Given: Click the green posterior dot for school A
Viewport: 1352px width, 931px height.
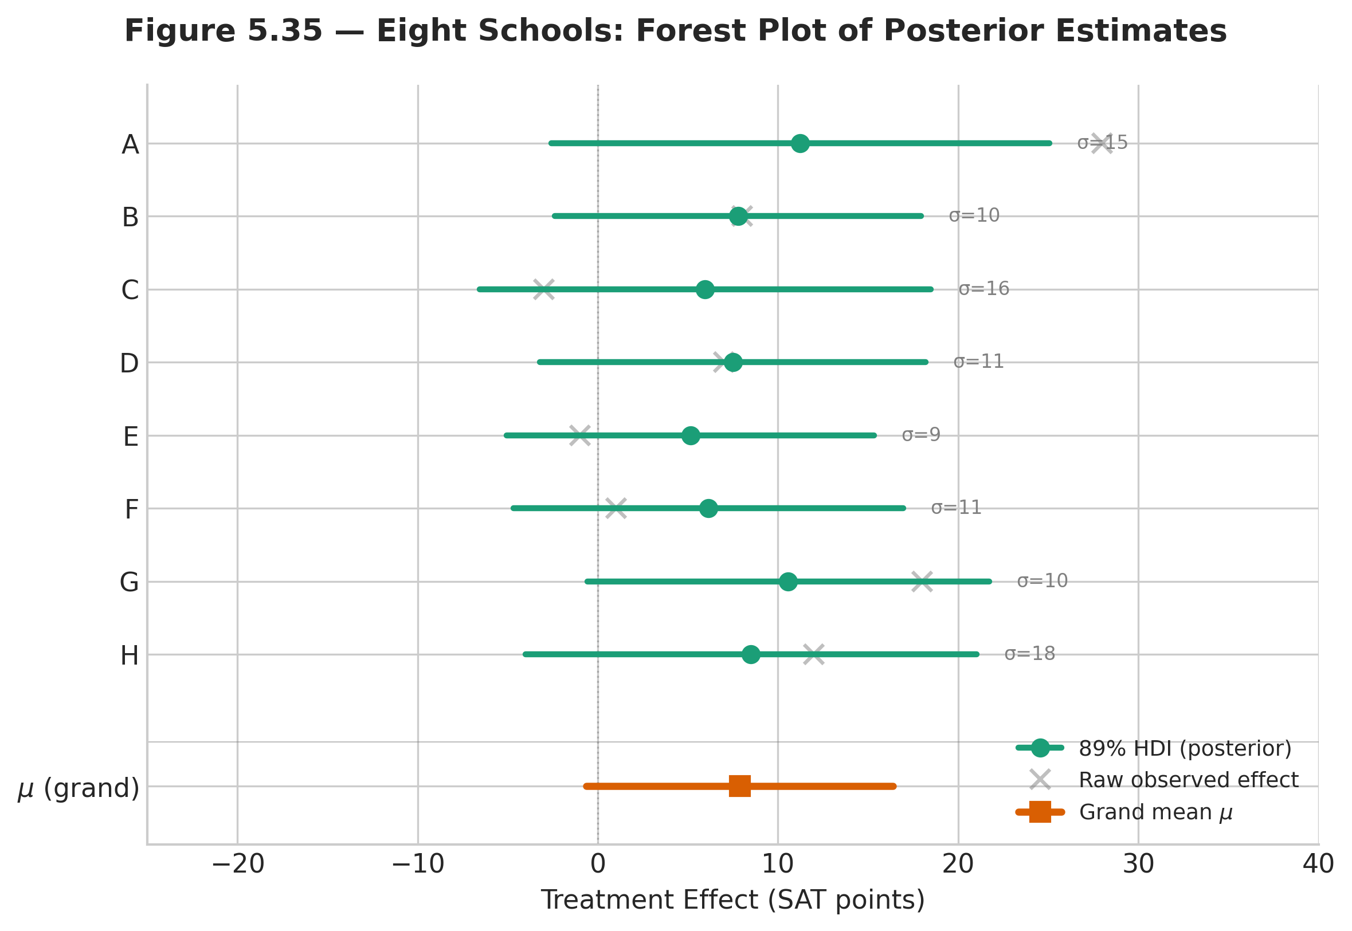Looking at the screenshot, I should pos(800,143).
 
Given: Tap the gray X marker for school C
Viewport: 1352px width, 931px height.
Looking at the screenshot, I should pos(543,289).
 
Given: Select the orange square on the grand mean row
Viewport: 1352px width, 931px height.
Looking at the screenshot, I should pos(739,785).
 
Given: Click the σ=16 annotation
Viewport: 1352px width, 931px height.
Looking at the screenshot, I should pos(984,289).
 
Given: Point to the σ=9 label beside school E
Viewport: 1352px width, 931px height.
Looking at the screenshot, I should pos(921,435).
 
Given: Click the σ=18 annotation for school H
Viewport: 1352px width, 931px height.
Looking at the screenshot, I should pos(1029,653).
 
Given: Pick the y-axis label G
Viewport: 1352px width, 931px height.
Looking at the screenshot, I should pos(130,582).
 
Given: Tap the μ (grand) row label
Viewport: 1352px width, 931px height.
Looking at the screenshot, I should pos(79,788).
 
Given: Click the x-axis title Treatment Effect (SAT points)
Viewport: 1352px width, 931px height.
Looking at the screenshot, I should pos(732,900).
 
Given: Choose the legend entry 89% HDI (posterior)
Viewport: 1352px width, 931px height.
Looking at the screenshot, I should pos(1185,748).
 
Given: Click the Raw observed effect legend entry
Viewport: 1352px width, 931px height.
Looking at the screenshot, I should pos(1188,780).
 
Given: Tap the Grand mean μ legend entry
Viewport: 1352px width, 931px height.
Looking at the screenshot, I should pos(1155,812).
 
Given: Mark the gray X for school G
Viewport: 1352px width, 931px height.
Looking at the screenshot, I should pos(922,582).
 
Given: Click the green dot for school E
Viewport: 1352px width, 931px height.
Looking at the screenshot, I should pos(691,435).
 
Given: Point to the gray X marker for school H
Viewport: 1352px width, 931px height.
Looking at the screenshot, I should pos(813,654).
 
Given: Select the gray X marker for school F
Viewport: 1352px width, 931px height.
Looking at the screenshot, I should pos(616,508).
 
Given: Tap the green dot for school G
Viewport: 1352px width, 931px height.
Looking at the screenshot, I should pos(787,582).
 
